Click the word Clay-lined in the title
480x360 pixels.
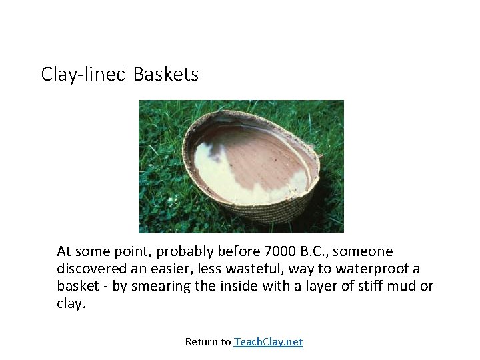click(x=83, y=74)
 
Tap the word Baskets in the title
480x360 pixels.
click(x=165, y=74)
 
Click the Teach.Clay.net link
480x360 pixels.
click(x=268, y=342)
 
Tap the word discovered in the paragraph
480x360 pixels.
click(x=89, y=269)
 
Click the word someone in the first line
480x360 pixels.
click(x=367, y=251)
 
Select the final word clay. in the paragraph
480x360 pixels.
click(x=71, y=303)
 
